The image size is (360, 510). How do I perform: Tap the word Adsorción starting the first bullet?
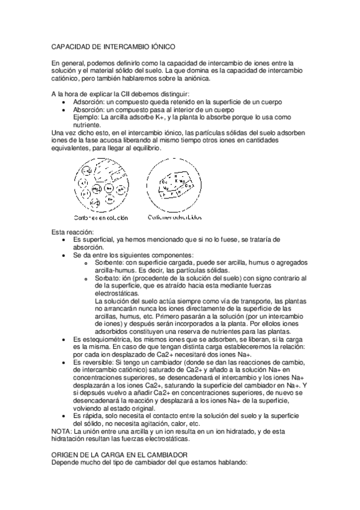(x=89, y=103)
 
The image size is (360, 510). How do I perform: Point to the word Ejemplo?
(x=88, y=118)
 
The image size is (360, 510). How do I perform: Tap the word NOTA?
(x=61, y=432)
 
